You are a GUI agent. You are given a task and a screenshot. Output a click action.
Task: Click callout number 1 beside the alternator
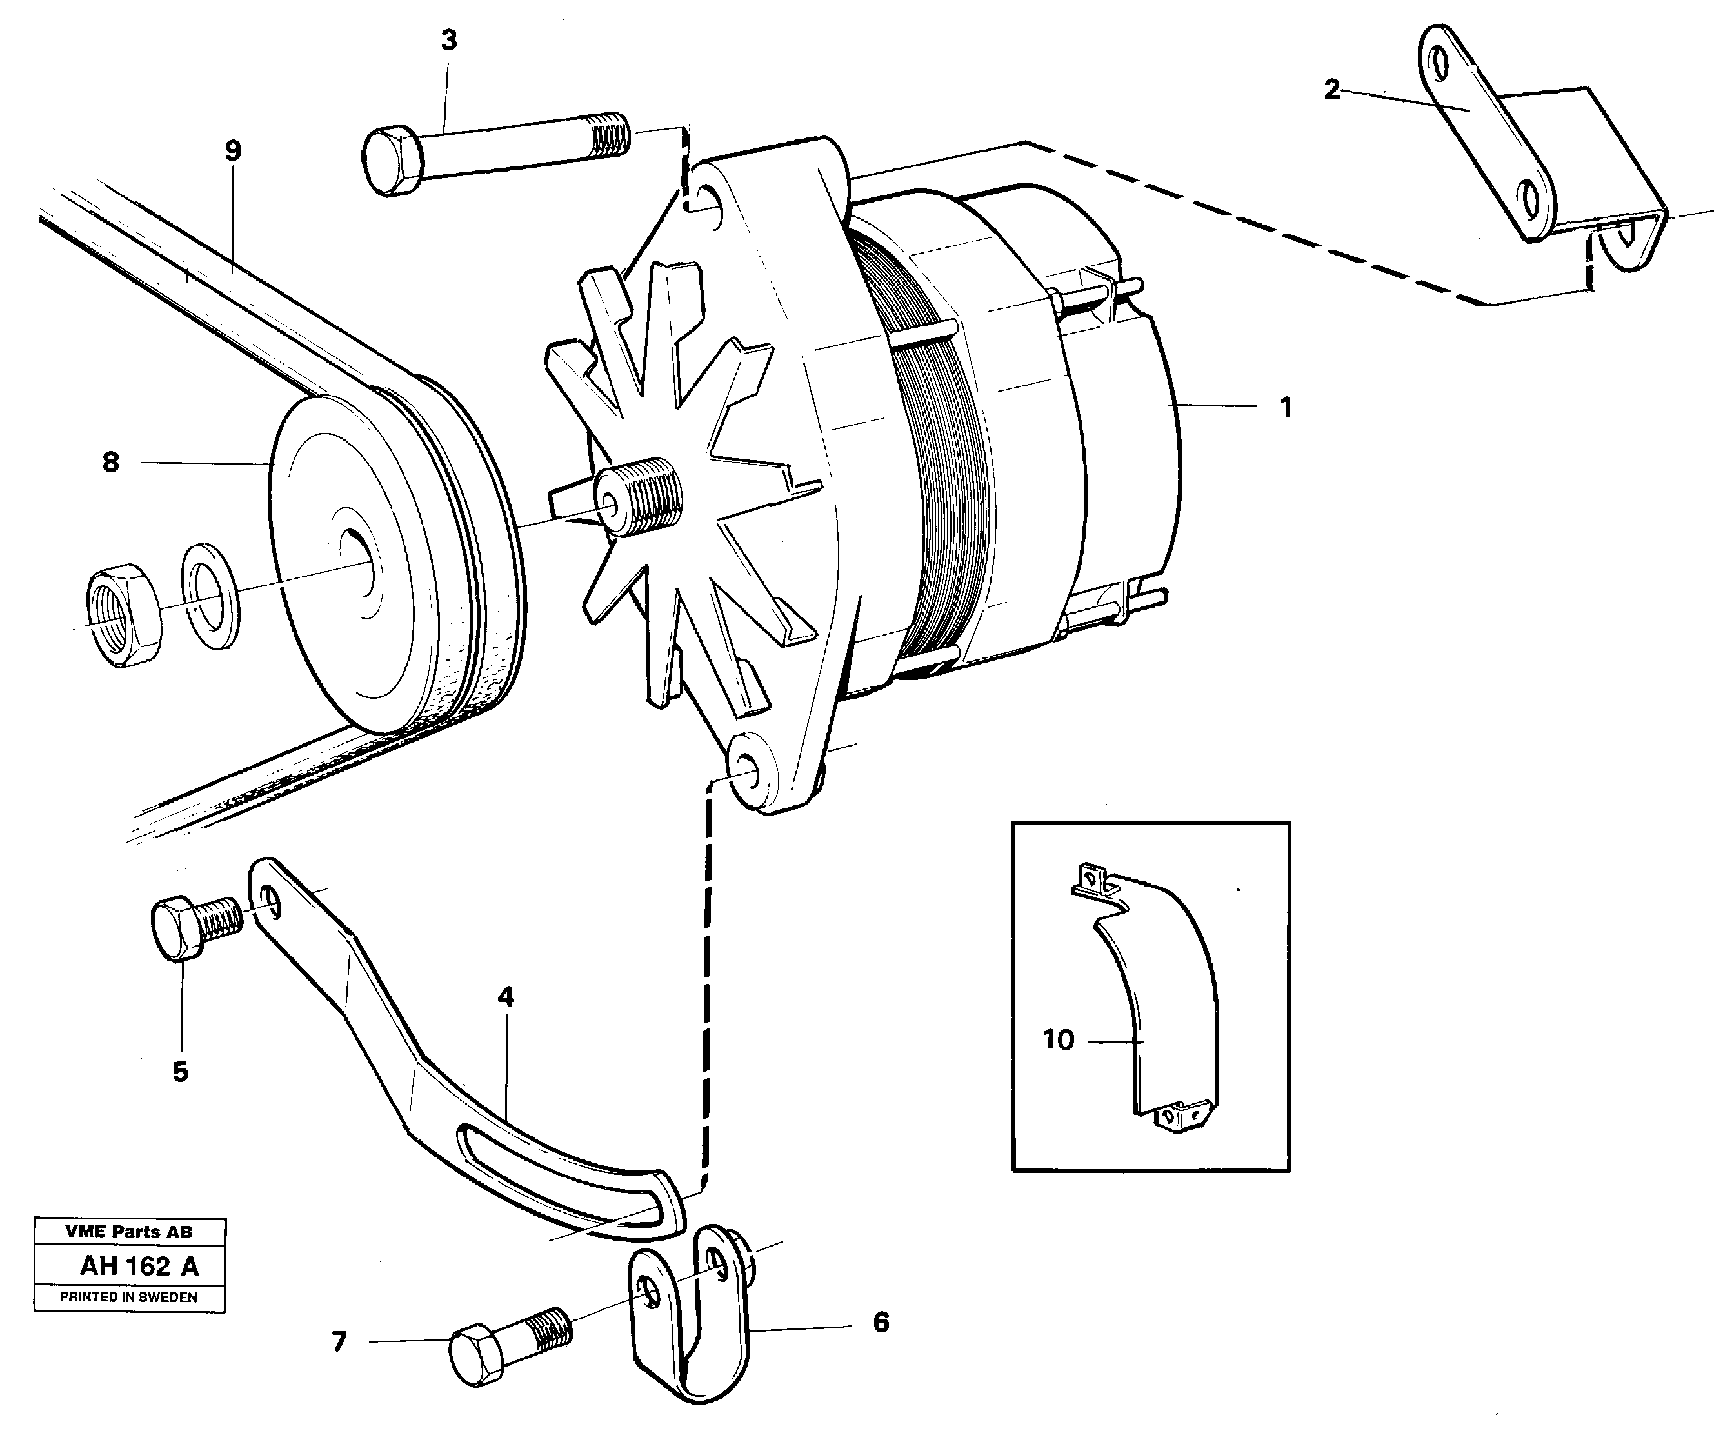tap(1286, 406)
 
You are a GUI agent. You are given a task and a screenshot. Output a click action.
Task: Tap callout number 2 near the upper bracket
tap(1331, 90)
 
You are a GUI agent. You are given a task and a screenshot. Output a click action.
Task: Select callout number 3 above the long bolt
tap(449, 40)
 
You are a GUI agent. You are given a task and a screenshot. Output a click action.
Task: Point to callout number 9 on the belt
tap(234, 151)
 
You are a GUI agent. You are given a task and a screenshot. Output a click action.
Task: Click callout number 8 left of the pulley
tap(111, 462)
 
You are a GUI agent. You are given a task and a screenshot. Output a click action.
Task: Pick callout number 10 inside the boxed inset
tap(1059, 1039)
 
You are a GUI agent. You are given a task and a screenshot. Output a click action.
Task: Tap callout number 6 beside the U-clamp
tap(881, 1322)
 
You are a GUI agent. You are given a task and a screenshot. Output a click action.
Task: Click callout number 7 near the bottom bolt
tap(339, 1341)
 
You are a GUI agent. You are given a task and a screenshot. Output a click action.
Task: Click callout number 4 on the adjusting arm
tap(506, 997)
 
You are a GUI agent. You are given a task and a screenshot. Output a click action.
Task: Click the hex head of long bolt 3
tap(390, 161)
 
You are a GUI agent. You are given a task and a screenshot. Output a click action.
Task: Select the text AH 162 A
tap(139, 1267)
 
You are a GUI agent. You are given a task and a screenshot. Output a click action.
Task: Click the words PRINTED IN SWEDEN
tap(129, 1297)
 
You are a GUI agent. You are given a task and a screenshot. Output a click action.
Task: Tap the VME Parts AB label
tap(129, 1231)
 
